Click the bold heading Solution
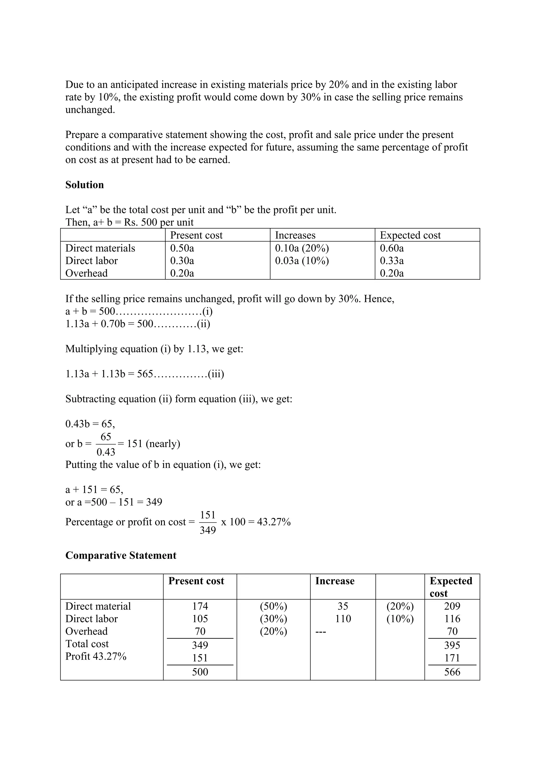[85, 185]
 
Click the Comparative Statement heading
[121, 555]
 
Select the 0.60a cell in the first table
[392, 248]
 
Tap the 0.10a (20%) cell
[302, 248]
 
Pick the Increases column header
[295, 235]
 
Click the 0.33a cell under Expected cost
[392, 260]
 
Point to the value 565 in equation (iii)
[145, 374]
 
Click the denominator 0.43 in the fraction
[106, 452]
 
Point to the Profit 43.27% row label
[96, 656]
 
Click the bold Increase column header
[335, 581]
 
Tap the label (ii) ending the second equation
[203, 324]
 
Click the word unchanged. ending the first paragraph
[90, 110]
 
